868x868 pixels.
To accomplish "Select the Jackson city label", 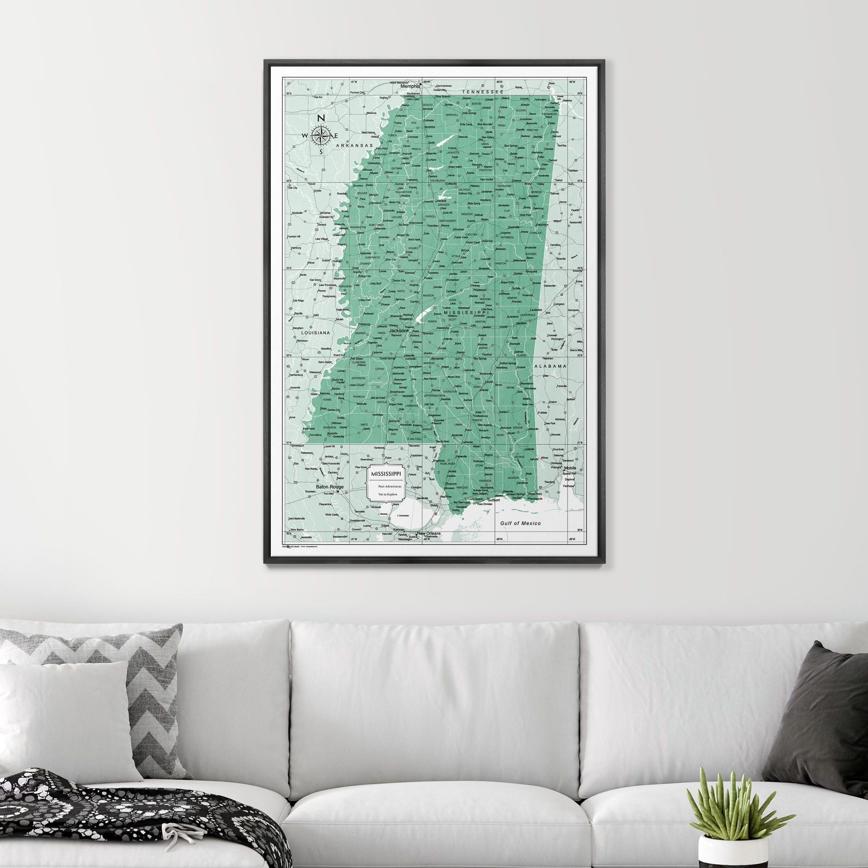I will click(397, 330).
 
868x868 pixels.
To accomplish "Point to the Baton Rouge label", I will click(329, 487).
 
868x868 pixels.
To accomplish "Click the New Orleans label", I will click(428, 533).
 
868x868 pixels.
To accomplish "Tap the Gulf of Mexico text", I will click(521, 523).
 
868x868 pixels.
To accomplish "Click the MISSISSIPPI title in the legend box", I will click(386, 474).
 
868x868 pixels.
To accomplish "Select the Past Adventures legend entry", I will click(389, 486).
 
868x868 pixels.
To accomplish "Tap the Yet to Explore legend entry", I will click(388, 494).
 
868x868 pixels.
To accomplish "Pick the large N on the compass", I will click(321, 118).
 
